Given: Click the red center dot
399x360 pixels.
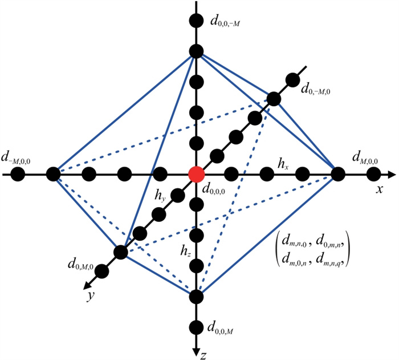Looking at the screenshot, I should [x=196, y=174].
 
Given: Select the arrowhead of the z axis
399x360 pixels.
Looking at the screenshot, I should [x=196, y=353].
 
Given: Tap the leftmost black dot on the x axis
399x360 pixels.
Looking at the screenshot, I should [x=18, y=174].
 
